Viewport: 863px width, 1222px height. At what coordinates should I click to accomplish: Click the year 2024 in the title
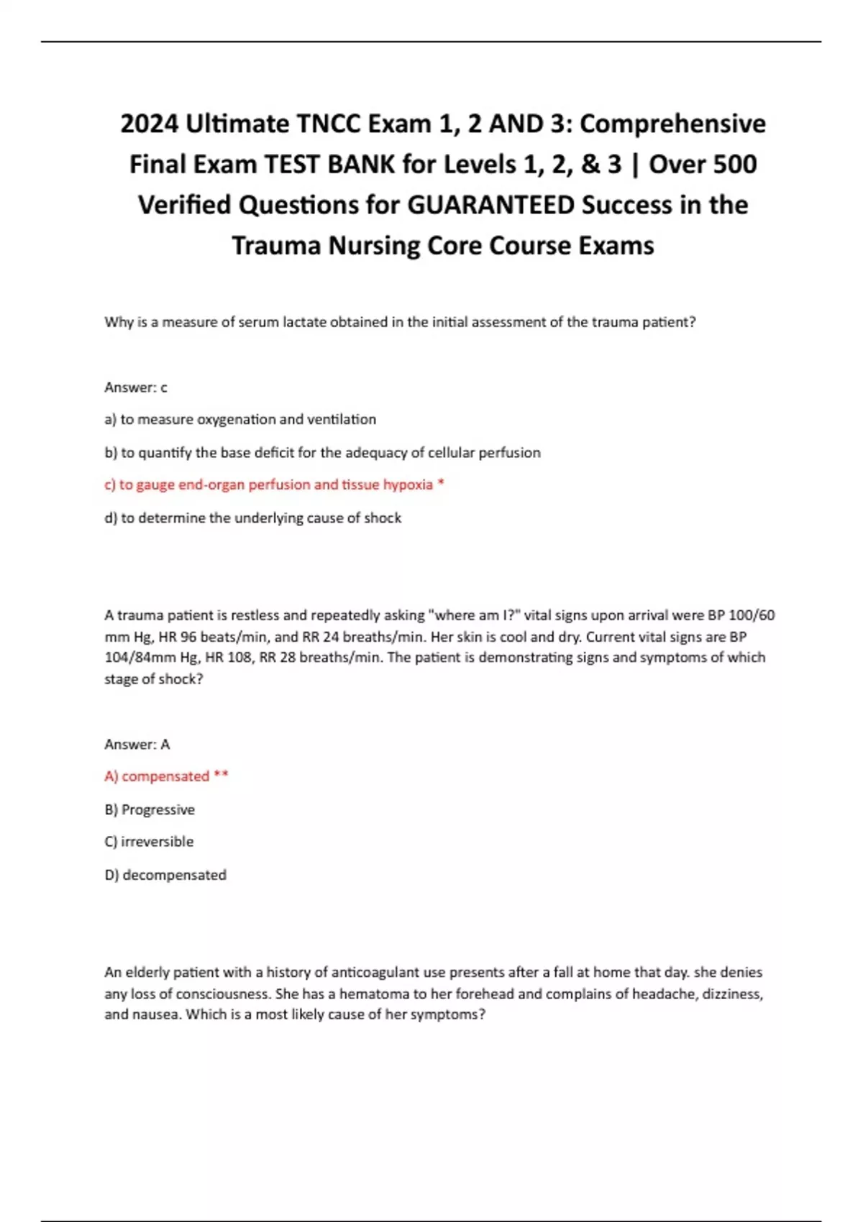(x=150, y=124)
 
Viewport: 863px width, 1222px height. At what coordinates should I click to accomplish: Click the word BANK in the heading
(x=362, y=165)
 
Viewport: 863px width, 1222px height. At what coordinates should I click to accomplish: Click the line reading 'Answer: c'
(x=136, y=387)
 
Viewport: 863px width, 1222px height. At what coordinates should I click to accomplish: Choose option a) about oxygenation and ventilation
(x=240, y=419)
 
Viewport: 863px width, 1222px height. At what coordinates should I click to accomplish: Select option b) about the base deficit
(x=322, y=453)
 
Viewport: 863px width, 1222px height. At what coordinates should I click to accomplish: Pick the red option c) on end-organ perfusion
(x=274, y=485)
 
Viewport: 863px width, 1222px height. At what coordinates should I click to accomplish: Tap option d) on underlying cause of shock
(x=252, y=518)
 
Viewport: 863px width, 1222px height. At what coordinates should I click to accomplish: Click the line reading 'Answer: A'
(x=137, y=745)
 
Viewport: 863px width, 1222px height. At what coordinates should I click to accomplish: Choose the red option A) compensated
(x=166, y=776)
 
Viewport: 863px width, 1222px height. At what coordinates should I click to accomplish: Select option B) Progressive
(x=150, y=810)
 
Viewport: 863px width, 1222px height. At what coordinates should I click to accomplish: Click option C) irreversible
(x=149, y=842)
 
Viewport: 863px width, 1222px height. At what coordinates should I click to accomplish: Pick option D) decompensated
(x=165, y=876)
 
